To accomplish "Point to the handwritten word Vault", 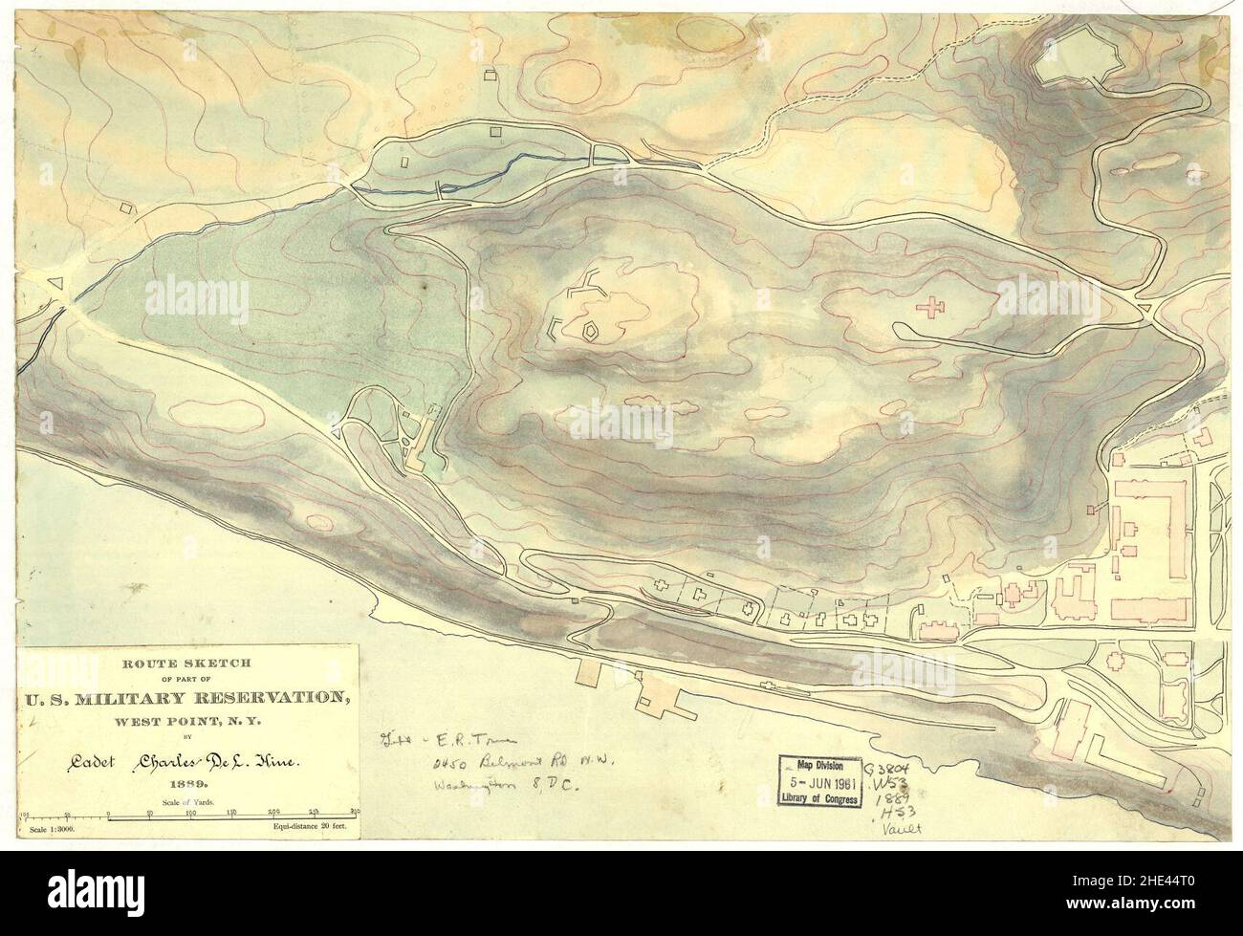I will click(900, 831).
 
